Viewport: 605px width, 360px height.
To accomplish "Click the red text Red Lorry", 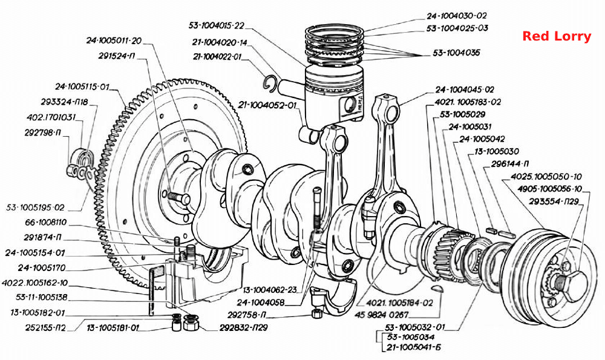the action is tap(557, 36).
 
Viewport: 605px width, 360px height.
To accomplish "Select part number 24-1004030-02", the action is tap(456, 16).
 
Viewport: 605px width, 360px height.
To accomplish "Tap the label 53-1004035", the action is tap(456, 53).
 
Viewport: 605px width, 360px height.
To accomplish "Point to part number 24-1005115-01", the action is tap(82, 87).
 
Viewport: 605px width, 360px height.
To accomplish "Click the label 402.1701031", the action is tap(51, 117).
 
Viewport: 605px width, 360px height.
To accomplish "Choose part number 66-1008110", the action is tap(45, 223).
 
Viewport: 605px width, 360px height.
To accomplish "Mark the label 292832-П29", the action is tap(243, 327).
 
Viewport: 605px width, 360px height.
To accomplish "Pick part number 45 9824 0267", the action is tap(381, 315).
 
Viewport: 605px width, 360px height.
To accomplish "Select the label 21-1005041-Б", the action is tap(414, 347).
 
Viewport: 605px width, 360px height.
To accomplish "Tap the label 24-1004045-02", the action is tap(465, 90).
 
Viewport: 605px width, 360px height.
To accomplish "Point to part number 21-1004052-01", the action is tap(267, 105).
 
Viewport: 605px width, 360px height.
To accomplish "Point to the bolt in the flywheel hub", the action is tap(179, 198).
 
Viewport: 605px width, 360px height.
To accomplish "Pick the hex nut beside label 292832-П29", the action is tap(191, 322).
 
